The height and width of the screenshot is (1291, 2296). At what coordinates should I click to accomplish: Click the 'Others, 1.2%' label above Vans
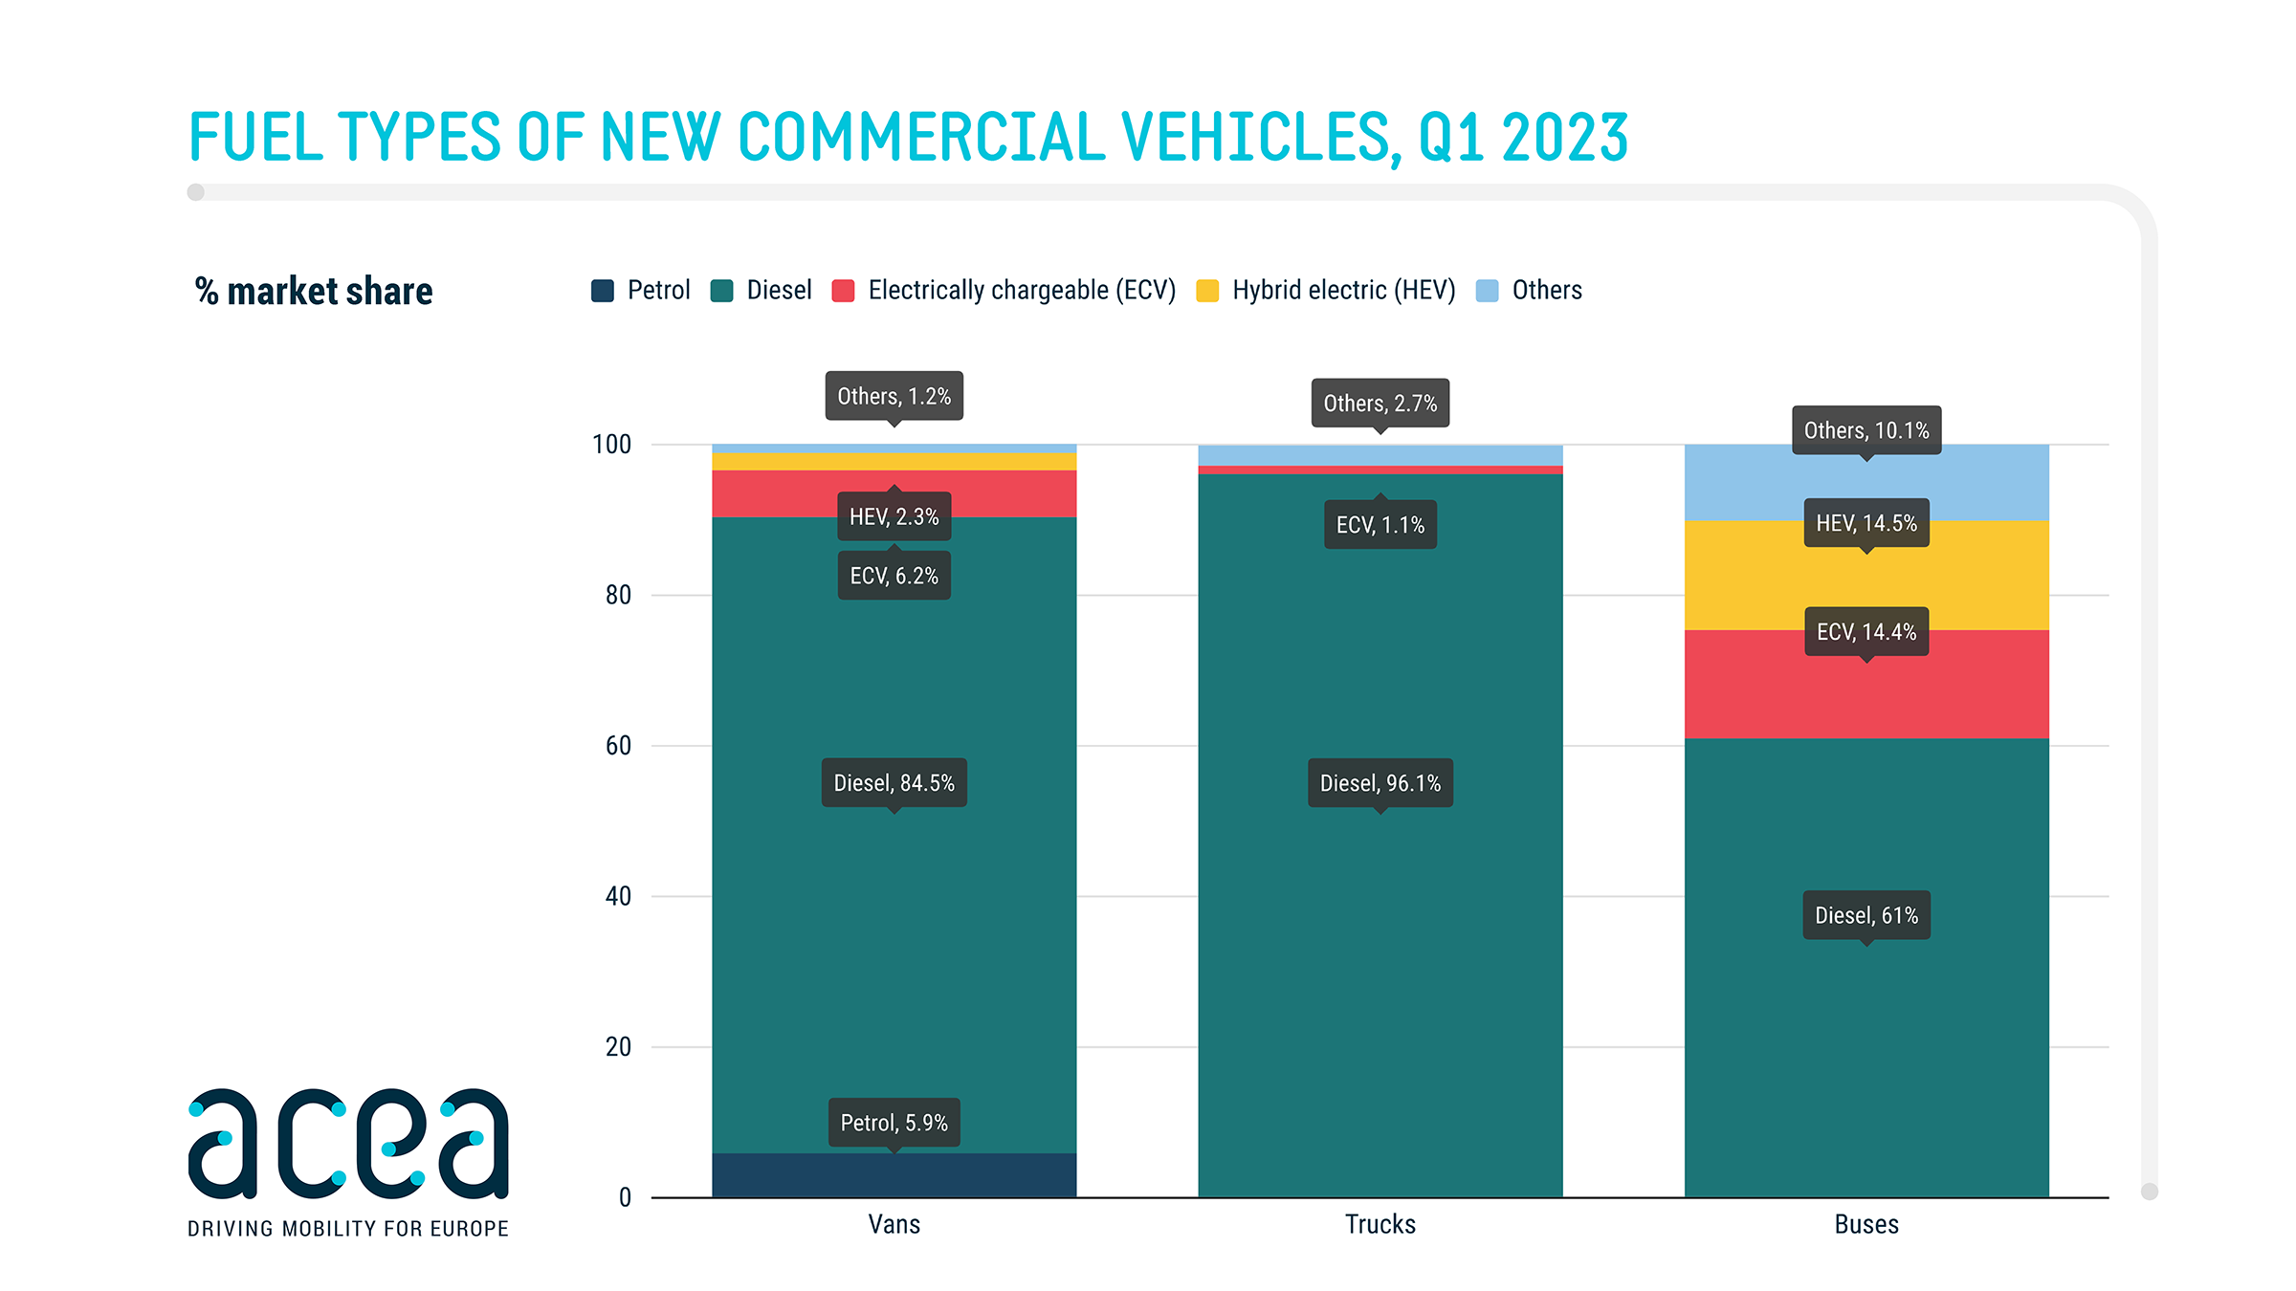[x=894, y=396]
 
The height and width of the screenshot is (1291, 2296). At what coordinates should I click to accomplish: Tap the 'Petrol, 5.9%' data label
[x=894, y=1123]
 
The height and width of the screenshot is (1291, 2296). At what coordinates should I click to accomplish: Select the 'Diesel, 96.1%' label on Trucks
[x=1380, y=783]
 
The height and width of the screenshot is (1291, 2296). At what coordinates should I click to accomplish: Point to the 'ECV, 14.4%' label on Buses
[x=1865, y=632]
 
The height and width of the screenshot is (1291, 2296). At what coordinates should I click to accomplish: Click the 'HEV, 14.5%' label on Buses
[x=1865, y=523]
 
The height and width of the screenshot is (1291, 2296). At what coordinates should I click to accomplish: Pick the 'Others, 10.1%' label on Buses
[x=1865, y=430]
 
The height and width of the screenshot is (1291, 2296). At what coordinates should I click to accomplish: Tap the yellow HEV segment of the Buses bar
[x=1865, y=579]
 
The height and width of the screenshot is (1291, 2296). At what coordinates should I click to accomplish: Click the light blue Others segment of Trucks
[x=1380, y=455]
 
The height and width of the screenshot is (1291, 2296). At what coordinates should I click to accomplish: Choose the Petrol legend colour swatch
[x=603, y=291]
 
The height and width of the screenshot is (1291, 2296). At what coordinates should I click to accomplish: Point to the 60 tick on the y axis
[x=618, y=746]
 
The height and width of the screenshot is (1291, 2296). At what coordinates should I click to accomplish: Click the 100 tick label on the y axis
[x=612, y=445]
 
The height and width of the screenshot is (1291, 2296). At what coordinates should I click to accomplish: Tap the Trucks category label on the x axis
[x=1380, y=1225]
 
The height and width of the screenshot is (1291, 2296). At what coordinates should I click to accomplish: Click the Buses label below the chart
[x=1865, y=1225]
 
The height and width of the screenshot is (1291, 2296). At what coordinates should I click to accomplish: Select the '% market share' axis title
[x=314, y=292]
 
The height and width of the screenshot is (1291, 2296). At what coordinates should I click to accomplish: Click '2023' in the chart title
[x=1564, y=138]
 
